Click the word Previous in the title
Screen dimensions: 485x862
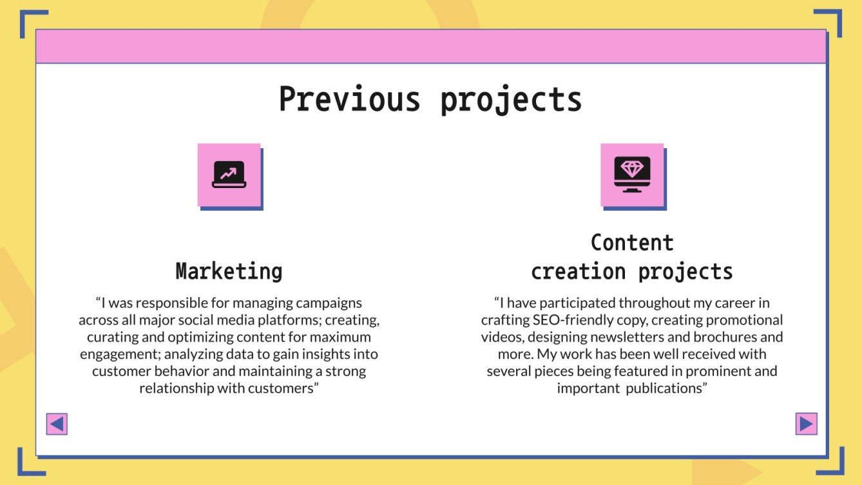(349, 100)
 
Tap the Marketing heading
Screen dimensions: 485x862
(229, 271)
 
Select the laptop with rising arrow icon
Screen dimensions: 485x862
(229, 175)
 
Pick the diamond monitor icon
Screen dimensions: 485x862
(632, 175)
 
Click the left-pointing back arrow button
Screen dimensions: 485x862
(57, 424)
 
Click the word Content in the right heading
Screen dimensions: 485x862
(632, 243)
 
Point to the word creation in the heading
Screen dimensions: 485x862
(578, 271)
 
